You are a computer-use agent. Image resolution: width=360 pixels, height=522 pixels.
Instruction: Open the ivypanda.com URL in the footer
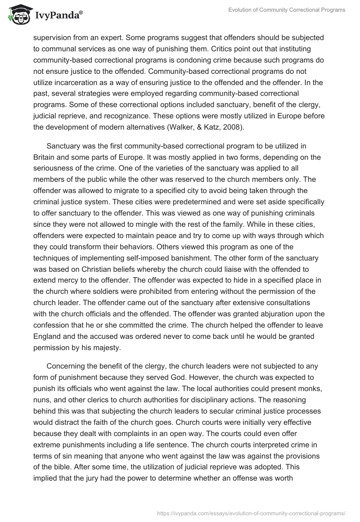(x=251, y=513)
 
